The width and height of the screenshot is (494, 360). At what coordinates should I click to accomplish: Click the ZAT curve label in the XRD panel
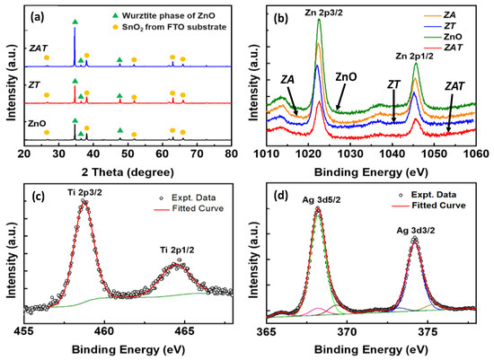[x=39, y=48]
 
